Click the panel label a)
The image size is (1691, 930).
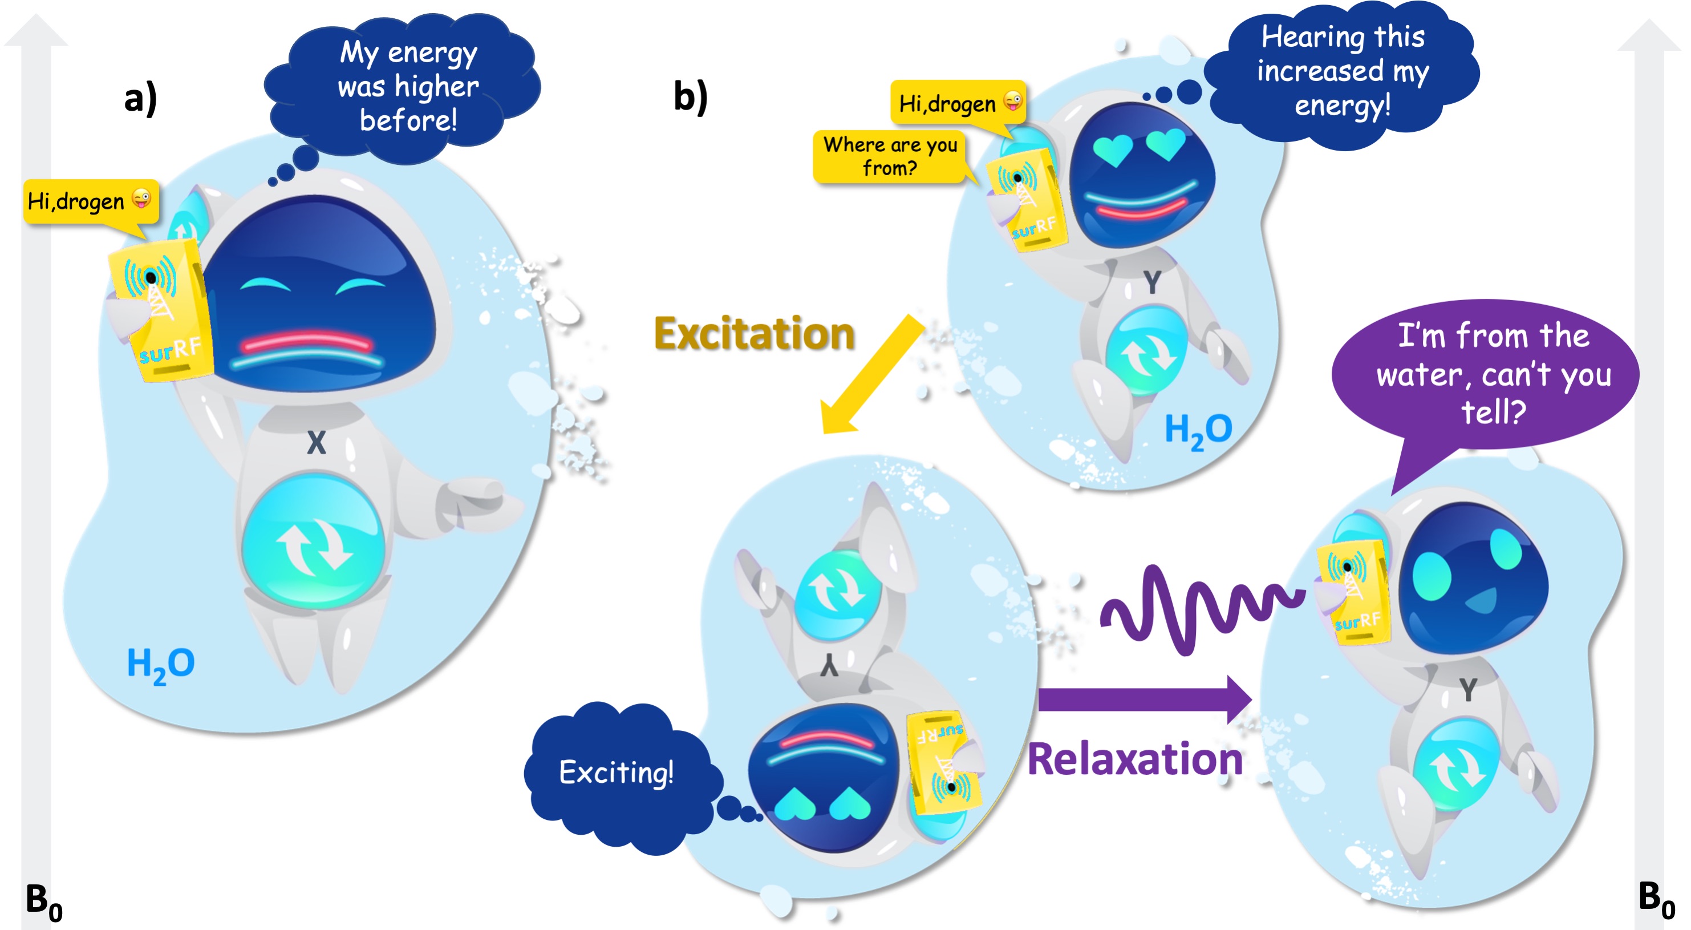tap(140, 99)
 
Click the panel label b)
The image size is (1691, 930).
tap(691, 96)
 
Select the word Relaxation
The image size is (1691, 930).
tap(1135, 759)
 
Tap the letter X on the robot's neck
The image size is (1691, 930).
tap(317, 443)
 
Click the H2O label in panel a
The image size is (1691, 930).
tap(160, 664)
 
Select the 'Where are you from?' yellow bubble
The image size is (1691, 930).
tap(890, 156)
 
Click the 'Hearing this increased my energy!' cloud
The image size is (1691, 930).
tap(1343, 71)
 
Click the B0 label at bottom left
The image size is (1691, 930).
tap(43, 902)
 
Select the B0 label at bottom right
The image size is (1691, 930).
tap(1656, 899)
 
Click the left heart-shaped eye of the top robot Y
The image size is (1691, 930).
tap(1113, 148)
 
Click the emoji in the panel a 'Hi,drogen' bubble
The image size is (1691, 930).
tap(141, 197)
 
